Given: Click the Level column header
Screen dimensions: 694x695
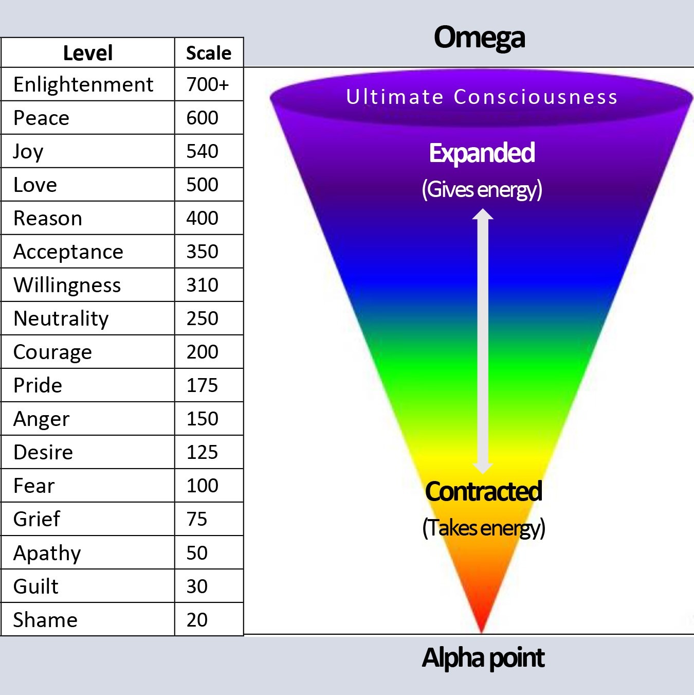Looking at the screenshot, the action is pyautogui.click(x=87, y=53).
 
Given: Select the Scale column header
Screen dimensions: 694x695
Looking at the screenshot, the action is pyautogui.click(x=209, y=53).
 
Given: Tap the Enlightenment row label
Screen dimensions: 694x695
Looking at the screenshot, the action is pyautogui.click(x=83, y=85).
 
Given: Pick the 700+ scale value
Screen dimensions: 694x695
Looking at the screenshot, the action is pyautogui.click(x=208, y=85).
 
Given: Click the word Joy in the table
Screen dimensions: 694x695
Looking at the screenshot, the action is pyautogui.click(x=28, y=151).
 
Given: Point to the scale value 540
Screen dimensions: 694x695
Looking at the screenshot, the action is pyautogui.click(x=202, y=151).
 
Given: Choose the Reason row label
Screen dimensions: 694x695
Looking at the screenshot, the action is pyautogui.click(x=48, y=218).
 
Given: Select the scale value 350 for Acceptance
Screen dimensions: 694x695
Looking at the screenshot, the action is pyautogui.click(x=202, y=252).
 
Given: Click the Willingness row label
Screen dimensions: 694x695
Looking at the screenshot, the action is pyautogui.click(x=67, y=286).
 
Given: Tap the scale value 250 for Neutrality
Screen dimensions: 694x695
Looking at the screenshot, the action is pyautogui.click(x=202, y=318).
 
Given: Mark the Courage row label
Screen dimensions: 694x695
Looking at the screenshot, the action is pyautogui.click(x=52, y=352).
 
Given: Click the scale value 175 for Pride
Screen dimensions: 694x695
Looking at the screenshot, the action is pyautogui.click(x=202, y=385).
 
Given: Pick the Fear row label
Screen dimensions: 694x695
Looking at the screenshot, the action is pyautogui.click(x=34, y=486).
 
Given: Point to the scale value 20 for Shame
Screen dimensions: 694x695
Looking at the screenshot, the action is pyautogui.click(x=197, y=620).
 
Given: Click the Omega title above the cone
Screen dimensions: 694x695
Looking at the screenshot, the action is pyautogui.click(x=479, y=38).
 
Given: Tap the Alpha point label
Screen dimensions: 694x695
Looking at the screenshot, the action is pyautogui.click(x=483, y=658).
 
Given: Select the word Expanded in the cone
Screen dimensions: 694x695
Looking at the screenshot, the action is pyautogui.click(x=482, y=153).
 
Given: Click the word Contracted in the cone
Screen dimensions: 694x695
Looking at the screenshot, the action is pyautogui.click(x=483, y=491).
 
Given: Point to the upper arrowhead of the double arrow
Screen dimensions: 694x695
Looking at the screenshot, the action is pyautogui.click(x=483, y=213).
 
